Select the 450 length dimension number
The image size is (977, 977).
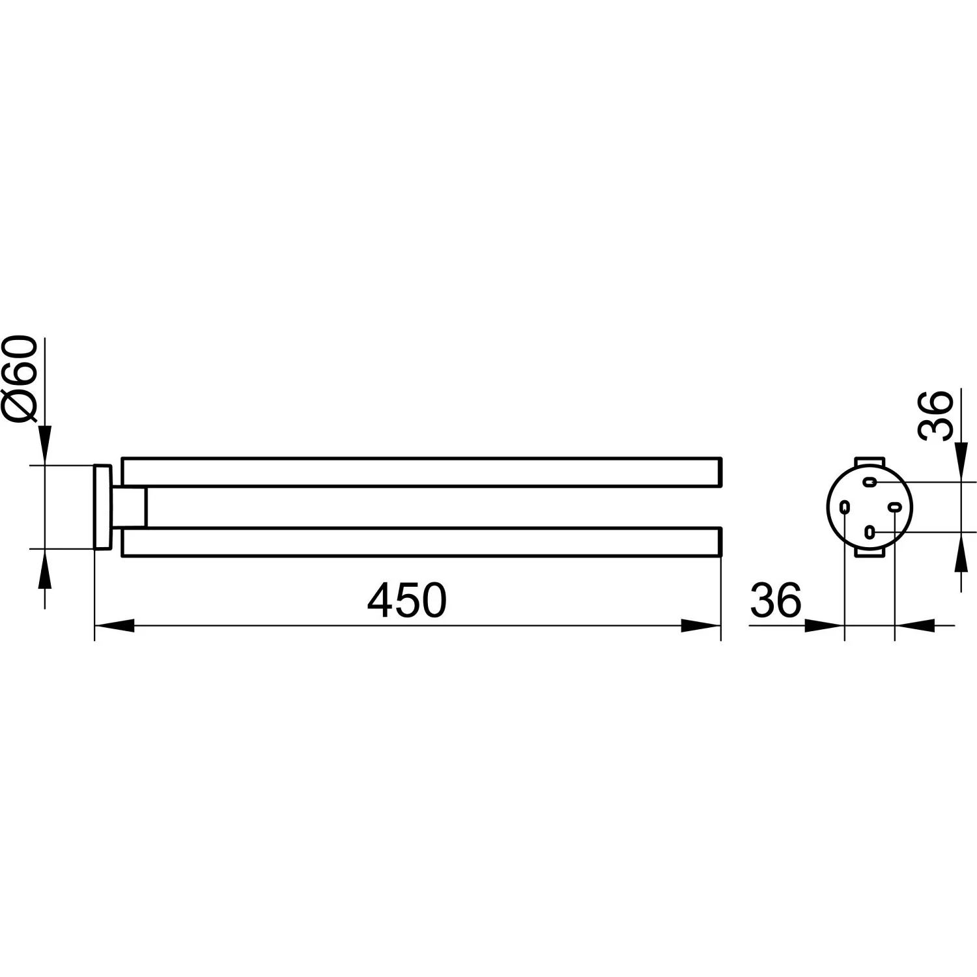[x=407, y=601]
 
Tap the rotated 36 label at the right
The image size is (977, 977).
[x=935, y=416]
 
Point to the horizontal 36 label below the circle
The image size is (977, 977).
[x=776, y=601]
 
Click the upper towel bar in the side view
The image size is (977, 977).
[x=421, y=472]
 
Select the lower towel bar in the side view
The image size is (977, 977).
[x=421, y=542]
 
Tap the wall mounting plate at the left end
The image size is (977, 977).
[x=102, y=507]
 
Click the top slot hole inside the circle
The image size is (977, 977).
[x=870, y=482]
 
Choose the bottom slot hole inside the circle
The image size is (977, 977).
[x=869, y=532]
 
